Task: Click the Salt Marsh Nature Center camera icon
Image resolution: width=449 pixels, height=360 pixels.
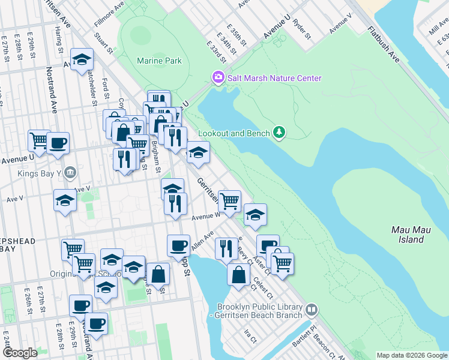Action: (x=217, y=77)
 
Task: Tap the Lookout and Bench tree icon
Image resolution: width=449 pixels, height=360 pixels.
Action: (x=279, y=132)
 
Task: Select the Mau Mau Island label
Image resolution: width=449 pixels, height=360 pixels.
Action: (x=408, y=235)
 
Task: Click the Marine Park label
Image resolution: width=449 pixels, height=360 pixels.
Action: (x=159, y=61)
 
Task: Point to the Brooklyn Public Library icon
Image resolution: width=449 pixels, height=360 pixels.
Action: (x=312, y=310)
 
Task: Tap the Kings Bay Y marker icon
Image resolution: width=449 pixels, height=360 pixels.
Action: (x=70, y=173)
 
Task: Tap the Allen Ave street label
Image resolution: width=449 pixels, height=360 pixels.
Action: (x=202, y=242)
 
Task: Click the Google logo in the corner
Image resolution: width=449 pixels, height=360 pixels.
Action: (x=19, y=353)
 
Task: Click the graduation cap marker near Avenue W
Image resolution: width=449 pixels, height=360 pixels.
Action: (x=255, y=214)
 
